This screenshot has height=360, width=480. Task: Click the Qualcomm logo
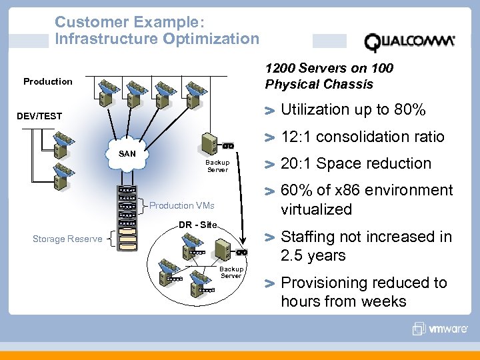pyautogui.click(x=409, y=42)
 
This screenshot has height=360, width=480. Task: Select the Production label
pyautogui.click(x=48, y=81)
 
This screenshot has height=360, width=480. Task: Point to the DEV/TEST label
pyautogui.click(x=39, y=116)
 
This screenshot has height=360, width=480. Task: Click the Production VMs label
pyautogui.click(x=181, y=205)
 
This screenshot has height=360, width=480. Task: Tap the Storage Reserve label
pyautogui.click(x=67, y=239)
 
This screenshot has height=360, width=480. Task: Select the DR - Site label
pyautogui.click(x=197, y=225)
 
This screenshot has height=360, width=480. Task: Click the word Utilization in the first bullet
pyautogui.click(x=315, y=109)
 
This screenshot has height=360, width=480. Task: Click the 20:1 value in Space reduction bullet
pyautogui.click(x=297, y=163)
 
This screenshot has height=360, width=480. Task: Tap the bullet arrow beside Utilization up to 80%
pyautogui.click(x=269, y=111)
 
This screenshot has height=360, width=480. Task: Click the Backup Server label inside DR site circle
pyautogui.click(x=231, y=272)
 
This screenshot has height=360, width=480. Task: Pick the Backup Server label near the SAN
pyautogui.click(x=217, y=166)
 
